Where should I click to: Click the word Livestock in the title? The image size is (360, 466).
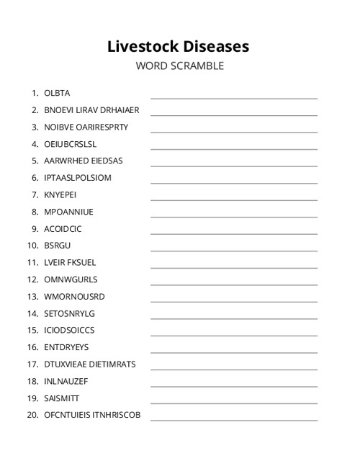pyautogui.click(x=141, y=46)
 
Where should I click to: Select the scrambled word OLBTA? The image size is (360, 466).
pyautogui.click(x=57, y=93)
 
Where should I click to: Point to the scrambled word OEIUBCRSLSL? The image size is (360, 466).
pyautogui.click(x=70, y=144)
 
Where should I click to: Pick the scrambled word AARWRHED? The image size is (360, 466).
pyautogui.click(x=65, y=161)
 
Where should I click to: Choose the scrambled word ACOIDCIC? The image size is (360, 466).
pyautogui.click(x=63, y=228)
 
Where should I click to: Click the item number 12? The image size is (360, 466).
pyautogui.click(x=32, y=279)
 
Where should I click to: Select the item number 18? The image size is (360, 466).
pyautogui.click(x=32, y=381)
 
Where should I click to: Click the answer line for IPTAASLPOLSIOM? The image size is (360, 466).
pyautogui.click(x=233, y=182)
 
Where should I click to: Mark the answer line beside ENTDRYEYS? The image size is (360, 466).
pyautogui.click(x=233, y=351)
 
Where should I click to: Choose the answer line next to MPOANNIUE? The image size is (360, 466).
pyautogui.click(x=233, y=216)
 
